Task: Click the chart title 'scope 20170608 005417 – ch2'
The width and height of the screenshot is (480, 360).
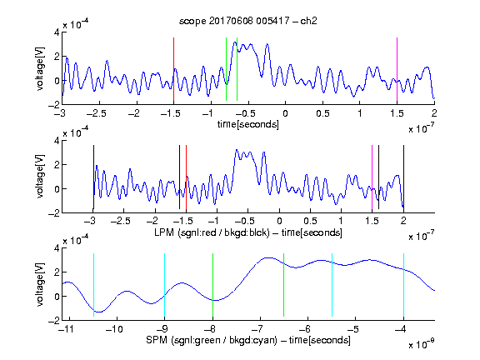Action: tap(248, 21)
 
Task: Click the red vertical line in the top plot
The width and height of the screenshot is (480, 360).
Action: tap(173, 69)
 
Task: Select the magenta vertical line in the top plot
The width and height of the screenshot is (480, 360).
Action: tap(397, 69)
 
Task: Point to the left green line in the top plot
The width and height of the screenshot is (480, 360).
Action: tap(226, 69)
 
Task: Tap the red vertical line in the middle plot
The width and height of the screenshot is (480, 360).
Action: tap(186, 177)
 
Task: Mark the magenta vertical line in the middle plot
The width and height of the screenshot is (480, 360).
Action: tap(372, 177)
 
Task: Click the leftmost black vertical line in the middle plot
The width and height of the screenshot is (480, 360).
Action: tap(93, 177)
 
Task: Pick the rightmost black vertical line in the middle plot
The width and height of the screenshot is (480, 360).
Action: tap(403, 177)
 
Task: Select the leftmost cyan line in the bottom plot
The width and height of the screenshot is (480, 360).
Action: tap(93, 285)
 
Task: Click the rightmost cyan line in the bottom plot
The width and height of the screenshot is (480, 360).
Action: tap(403, 285)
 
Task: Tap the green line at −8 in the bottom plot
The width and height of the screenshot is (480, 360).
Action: tap(212, 285)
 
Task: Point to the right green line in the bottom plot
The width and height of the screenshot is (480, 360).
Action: tap(284, 285)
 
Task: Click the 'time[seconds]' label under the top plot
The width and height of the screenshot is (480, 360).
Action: tap(248, 124)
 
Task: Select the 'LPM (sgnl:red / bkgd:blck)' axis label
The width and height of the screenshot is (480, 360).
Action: tap(212, 232)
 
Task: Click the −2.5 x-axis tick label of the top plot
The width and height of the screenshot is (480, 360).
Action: tap(96, 113)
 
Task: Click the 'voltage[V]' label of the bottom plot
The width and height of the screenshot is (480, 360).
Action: tap(40, 285)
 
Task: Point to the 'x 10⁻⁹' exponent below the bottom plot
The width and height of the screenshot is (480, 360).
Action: tap(422, 344)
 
